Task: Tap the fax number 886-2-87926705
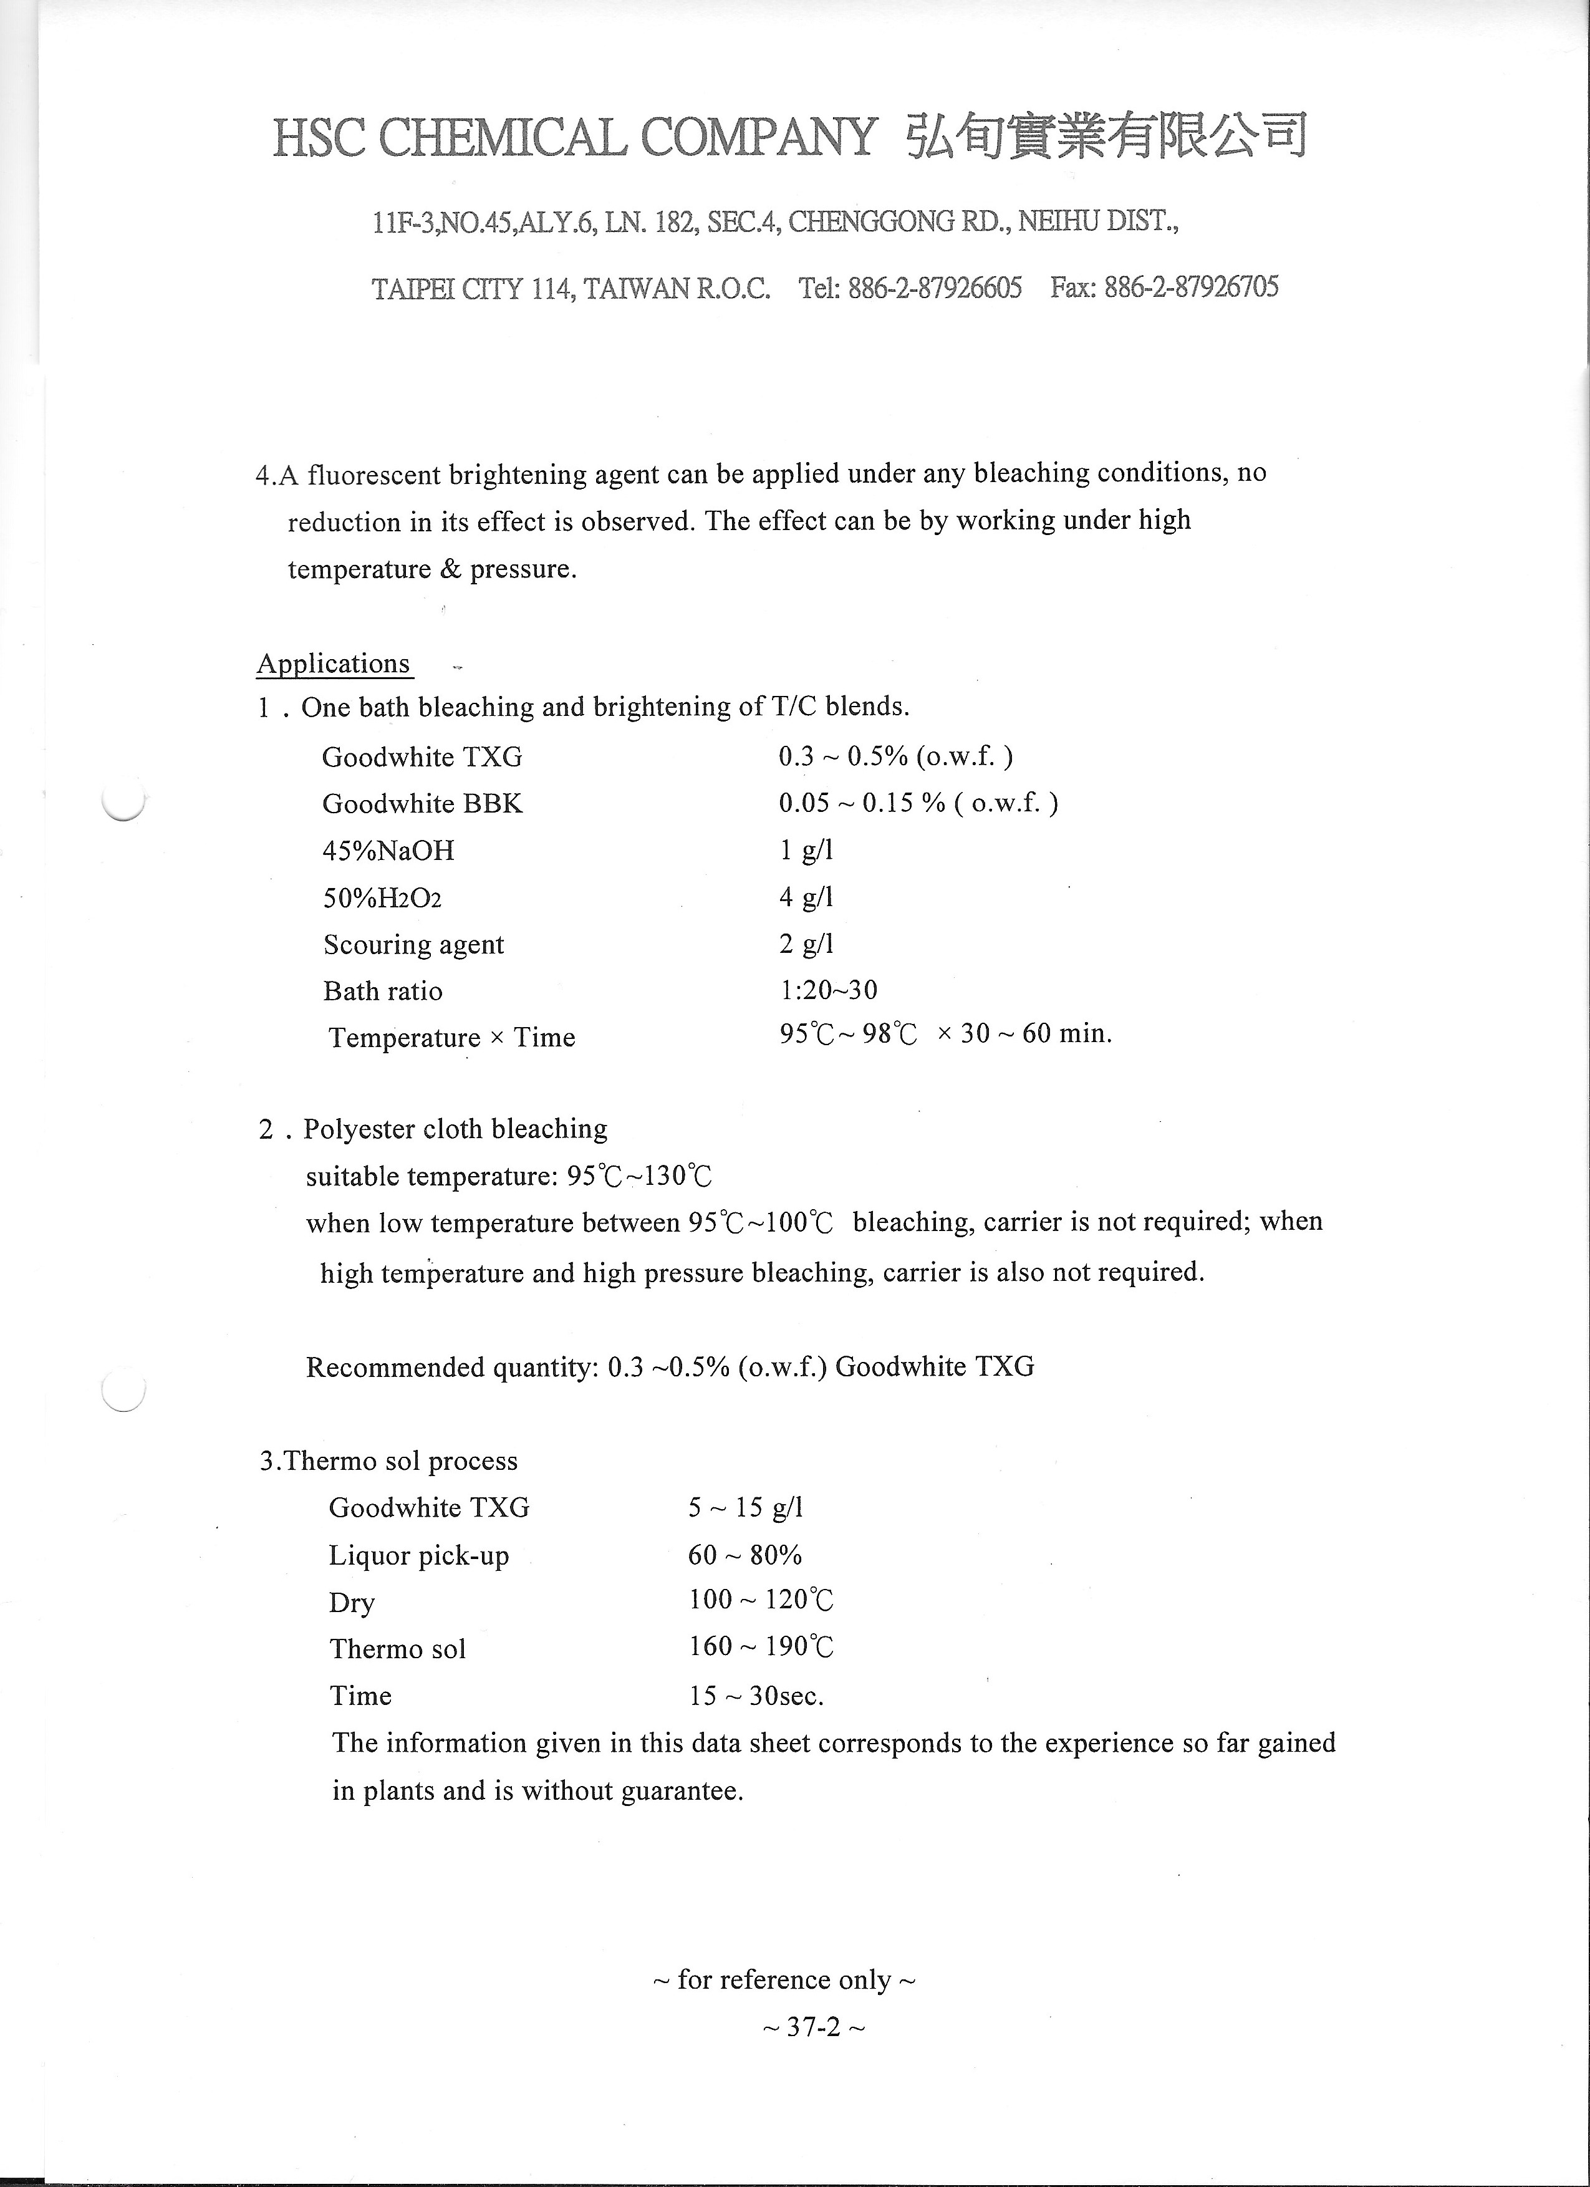[1191, 287]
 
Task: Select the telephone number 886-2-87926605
[934, 287]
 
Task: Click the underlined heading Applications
[334, 664]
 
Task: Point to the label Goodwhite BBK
[422, 803]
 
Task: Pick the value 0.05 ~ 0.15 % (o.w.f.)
[918, 803]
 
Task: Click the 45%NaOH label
[388, 851]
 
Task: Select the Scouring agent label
[413, 944]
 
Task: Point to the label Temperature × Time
[451, 1038]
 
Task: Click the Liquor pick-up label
[418, 1555]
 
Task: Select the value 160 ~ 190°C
[761, 1646]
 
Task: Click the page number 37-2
[814, 2027]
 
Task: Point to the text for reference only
[784, 1980]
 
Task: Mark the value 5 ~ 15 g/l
[745, 1507]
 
